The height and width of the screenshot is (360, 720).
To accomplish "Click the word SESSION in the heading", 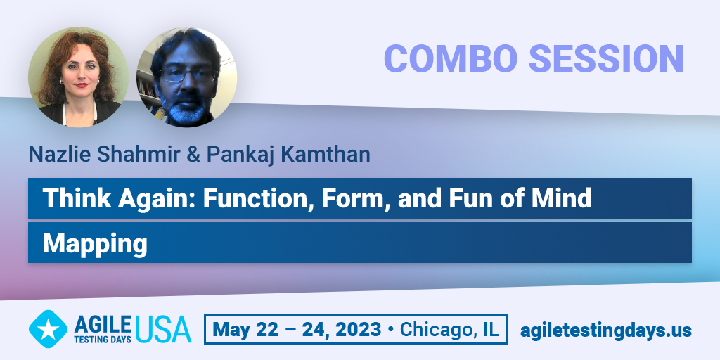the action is point(606,58).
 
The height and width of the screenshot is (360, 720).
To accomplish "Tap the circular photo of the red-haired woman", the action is point(79,77).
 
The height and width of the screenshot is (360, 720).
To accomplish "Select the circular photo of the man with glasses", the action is point(187,77).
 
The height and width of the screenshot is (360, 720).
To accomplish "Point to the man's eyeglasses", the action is point(188,75).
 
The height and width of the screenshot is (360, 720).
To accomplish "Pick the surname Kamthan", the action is point(326,154).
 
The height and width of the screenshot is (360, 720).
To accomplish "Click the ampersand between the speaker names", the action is point(194,155).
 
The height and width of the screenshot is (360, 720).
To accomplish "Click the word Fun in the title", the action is point(466,198).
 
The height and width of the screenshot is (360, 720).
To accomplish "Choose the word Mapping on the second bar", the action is point(95,244).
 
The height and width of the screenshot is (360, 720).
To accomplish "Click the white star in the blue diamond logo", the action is point(48,329).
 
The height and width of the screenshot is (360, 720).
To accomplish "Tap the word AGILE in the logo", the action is point(103,325).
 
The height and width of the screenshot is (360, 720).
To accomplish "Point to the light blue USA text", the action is point(163,329).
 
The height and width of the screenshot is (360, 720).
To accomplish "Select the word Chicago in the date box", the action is point(438,329).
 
